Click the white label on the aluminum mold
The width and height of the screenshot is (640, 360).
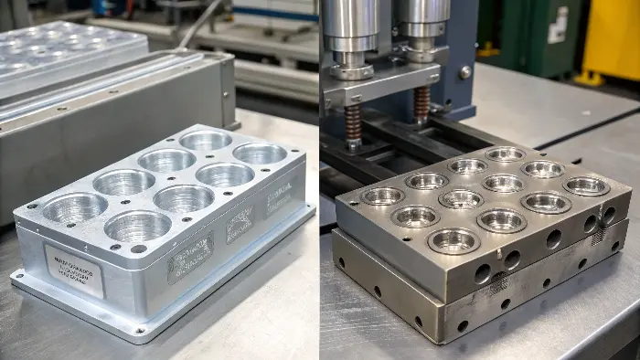tap(74, 270)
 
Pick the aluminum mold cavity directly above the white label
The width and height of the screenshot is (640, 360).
tap(75, 209)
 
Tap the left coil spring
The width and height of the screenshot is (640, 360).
tap(353, 126)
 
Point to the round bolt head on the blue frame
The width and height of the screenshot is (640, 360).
tap(465, 71)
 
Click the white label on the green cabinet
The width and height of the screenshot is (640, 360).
tap(558, 26)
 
